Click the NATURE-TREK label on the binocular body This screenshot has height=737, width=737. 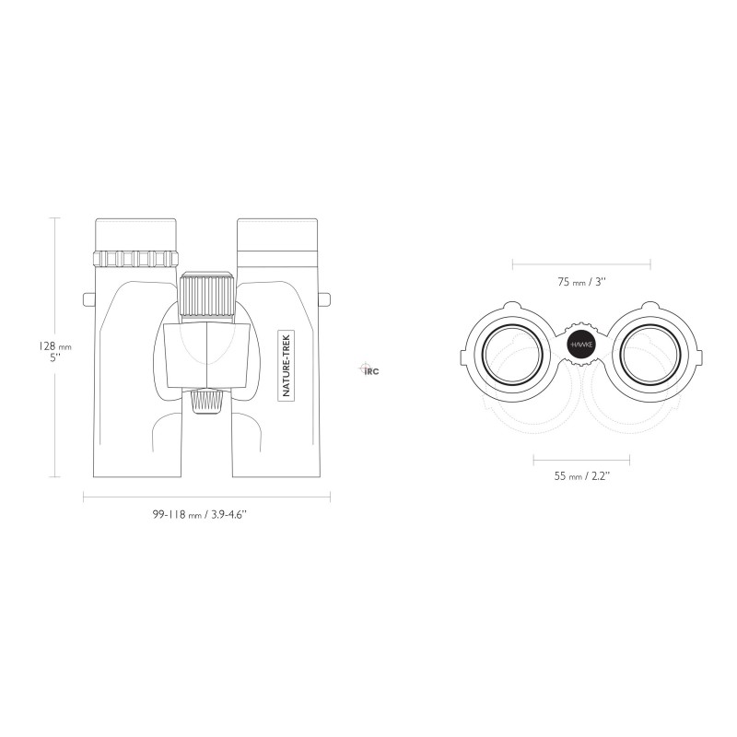pos(287,365)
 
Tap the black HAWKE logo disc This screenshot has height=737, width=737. pos(581,345)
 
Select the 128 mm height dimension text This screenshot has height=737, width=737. pos(54,346)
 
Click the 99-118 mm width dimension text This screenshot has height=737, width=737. pos(199,514)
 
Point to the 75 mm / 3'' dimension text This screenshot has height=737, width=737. pos(581,282)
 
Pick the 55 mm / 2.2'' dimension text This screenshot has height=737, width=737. pos(581,475)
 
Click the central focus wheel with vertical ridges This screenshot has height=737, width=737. pos(206,295)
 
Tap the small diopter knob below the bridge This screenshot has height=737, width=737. pos(206,402)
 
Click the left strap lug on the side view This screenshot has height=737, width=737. pos(88,299)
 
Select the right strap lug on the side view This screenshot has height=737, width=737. pos(324,299)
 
